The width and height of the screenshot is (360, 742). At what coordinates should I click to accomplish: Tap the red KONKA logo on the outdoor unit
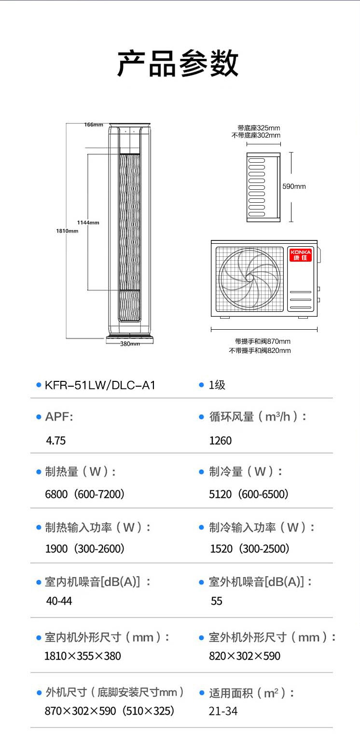coord(300,255)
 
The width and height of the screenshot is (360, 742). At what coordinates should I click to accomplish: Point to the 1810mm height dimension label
coord(67,231)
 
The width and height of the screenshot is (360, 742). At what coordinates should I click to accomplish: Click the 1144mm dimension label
coord(88,223)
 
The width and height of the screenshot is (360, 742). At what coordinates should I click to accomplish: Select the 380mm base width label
coord(130,344)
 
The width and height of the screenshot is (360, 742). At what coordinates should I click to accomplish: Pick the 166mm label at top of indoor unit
coord(94,125)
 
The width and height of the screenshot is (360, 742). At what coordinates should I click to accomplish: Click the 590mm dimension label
coord(294,186)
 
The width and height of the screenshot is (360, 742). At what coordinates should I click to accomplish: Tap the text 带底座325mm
coord(259,128)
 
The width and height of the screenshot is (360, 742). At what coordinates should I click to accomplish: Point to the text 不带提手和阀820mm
coord(260,350)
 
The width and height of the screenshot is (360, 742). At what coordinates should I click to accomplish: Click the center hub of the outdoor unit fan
coord(249,278)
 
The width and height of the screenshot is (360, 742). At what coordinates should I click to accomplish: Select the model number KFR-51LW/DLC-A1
coord(100,385)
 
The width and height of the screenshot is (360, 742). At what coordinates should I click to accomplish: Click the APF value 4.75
coord(55,441)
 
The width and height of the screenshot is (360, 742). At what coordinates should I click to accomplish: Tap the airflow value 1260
coord(220,441)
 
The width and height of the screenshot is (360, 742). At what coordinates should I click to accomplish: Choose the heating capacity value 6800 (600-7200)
coord(85,494)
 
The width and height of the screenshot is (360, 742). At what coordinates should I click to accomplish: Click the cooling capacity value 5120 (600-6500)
coord(249,494)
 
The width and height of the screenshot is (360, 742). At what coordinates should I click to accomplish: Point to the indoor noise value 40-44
coord(59,601)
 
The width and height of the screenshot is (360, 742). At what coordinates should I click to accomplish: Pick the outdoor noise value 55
coord(217,601)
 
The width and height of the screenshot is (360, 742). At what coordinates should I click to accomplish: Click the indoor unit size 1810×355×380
coord(83,656)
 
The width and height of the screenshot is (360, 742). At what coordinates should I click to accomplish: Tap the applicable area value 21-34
coord(223,711)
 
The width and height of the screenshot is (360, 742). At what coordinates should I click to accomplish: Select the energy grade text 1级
coord(217,385)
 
